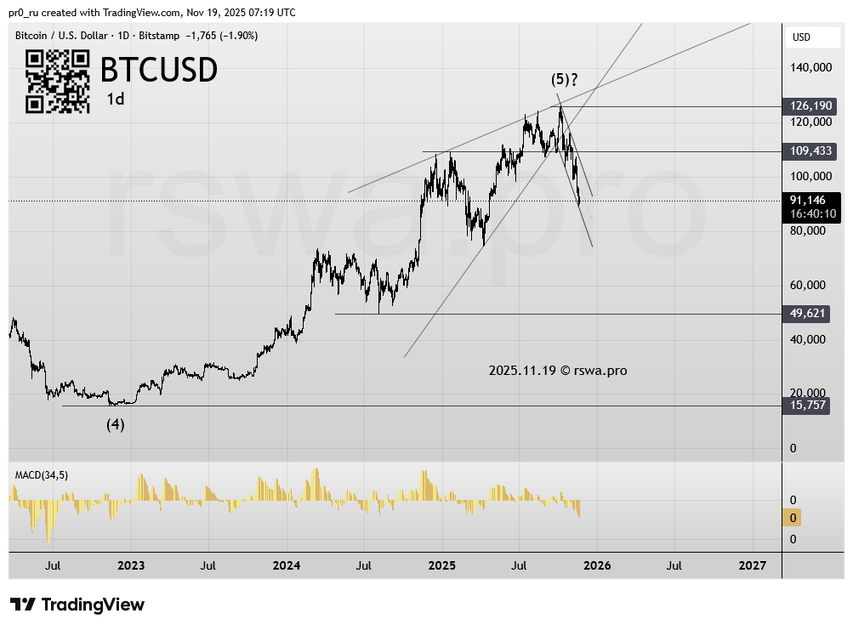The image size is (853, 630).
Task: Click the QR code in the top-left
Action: pos(58,81)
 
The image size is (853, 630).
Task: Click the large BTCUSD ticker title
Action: pos(159,70)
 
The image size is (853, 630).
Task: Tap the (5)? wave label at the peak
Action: pos(565,80)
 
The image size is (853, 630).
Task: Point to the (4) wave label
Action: pos(116,424)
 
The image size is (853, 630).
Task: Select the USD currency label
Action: pos(801,37)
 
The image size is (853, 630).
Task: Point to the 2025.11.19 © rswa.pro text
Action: pos(558,371)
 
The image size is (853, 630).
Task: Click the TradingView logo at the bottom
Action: pos(77,605)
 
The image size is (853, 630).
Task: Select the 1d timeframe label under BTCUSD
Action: pos(116,99)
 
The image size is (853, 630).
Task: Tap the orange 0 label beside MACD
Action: pos(793,518)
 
